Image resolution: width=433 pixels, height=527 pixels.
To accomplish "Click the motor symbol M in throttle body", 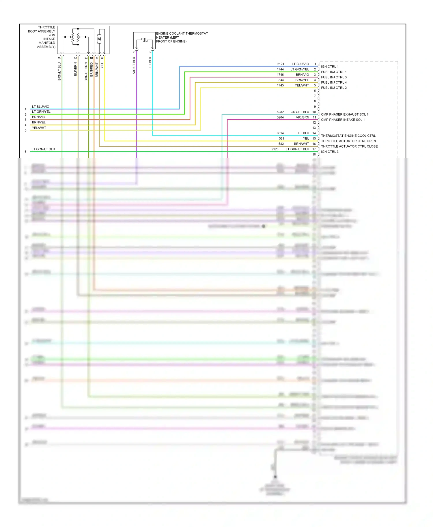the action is tap(99, 39).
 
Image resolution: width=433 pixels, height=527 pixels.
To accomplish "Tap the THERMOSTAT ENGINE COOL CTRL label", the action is tap(348, 135).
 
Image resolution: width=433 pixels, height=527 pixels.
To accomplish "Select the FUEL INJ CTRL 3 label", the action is tap(334, 77).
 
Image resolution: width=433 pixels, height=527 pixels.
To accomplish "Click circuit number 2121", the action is tap(280, 64).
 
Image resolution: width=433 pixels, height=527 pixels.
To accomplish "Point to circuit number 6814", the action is tap(280, 133).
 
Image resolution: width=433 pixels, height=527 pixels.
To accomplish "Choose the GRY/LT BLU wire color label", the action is tap(300, 112).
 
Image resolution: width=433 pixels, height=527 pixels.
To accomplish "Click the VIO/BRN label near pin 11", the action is tap(302, 117).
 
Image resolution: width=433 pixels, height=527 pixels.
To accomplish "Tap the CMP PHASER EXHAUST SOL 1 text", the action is tap(344, 114).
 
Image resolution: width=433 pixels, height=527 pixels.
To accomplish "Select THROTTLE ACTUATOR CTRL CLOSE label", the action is tap(349, 146).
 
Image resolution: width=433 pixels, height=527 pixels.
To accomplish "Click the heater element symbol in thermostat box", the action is tap(144, 40).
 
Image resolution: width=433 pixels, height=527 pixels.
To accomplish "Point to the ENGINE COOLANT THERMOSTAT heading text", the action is tap(182, 33).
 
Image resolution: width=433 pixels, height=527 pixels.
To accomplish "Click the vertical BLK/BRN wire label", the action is tap(76, 69).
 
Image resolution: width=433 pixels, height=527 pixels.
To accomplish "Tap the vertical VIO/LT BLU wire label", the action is tap(134, 65).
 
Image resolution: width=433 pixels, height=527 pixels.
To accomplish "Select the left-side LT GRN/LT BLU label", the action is tap(43, 149).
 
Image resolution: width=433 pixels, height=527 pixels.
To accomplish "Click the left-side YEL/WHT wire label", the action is tap(39, 128).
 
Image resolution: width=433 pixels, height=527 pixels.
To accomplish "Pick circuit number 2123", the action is tap(275, 149).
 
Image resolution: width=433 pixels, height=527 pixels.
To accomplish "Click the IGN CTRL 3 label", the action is tap(330, 152).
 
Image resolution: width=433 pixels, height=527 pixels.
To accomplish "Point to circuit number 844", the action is tap(281, 80).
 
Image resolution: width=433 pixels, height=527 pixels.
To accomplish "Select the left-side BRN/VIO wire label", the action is tap(38, 117).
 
